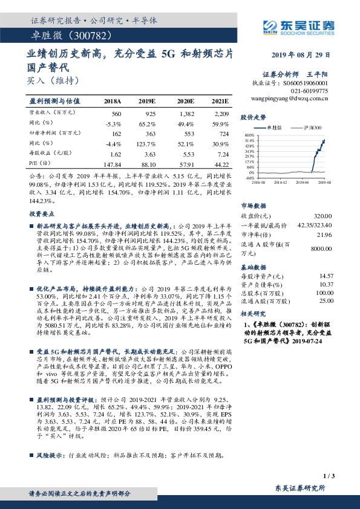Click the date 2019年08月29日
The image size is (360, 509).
pos(300,54)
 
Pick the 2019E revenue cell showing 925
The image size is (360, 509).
pos(151,114)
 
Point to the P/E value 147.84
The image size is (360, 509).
pos(113,164)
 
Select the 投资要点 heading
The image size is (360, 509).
pos(40,214)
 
